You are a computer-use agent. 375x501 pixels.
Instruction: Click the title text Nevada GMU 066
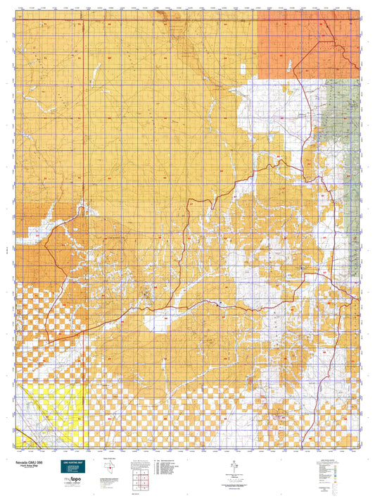click(x=30, y=462)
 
